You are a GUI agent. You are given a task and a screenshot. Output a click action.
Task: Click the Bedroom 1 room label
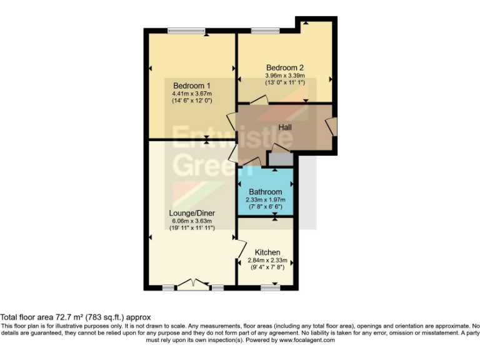pyautogui.click(x=192, y=86)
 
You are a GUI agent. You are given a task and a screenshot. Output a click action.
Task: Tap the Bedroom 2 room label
pyautogui.click(x=285, y=67)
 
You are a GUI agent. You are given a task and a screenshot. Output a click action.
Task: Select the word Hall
pyautogui.click(x=285, y=127)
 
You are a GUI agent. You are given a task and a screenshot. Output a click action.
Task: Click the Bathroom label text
pyautogui.click(x=265, y=192)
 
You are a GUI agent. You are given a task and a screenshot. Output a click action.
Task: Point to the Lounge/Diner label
pyautogui.click(x=192, y=213)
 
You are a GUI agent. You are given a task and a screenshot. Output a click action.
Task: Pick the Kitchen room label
pyautogui.click(x=267, y=252)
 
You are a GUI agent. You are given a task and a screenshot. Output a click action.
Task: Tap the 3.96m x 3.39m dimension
pyautogui.click(x=285, y=76)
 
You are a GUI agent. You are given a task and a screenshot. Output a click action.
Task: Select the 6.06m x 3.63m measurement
pyautogui.click(x=192, y=221)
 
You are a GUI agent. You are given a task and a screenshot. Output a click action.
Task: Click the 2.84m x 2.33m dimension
pyautogui.click(x=267, y=260)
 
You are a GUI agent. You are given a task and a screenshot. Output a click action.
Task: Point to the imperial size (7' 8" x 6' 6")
pyautogui.click(x=265, y=206)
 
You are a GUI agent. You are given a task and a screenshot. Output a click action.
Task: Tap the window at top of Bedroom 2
pyautogui.click(x=266, y=31)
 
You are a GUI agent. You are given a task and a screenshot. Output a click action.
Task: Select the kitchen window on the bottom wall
pyautogui.click(x=270, y=287)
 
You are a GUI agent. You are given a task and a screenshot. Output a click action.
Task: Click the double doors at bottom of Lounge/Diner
pyautogui.click(x=193, y=284)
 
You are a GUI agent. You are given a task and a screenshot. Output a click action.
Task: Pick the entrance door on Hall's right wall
pyautogui.click(x=332, y=127)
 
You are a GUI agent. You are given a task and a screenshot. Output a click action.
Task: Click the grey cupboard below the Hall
pyautogui.click(x=280, y=159)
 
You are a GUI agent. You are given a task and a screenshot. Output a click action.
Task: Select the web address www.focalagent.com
pyautogui.click(x=307, y=341)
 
